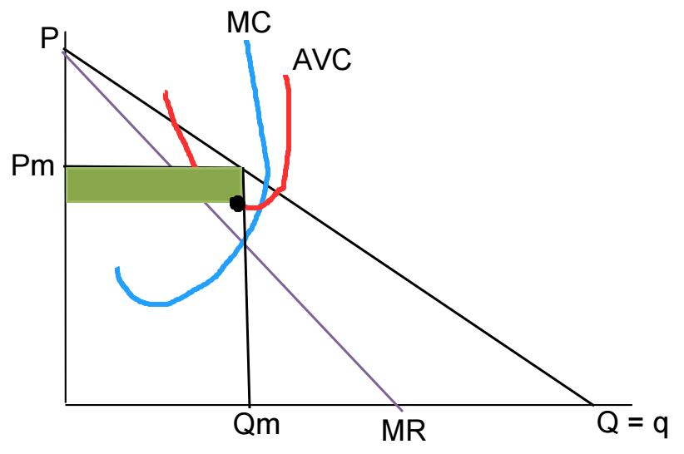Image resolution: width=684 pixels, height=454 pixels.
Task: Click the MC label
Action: click(x=248, y=22)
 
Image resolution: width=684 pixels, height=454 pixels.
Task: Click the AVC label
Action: click(x=322, y=60)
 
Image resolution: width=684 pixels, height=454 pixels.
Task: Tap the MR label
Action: click(x=404, y=431)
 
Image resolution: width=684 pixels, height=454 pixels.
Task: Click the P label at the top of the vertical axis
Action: click(x=48, y=39)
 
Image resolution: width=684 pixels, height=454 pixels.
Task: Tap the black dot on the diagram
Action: click(x=237, y=203)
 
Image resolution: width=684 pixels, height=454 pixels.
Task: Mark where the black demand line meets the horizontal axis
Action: click(x=592, y=405)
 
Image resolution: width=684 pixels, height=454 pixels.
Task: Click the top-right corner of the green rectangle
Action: click(x=242, y=168)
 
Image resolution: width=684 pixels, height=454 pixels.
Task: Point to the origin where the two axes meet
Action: click(x=65, y=405)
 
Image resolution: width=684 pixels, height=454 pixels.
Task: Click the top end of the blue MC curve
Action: click(x=246, y=42)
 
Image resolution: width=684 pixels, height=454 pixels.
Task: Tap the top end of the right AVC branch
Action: click(x=286, y=76)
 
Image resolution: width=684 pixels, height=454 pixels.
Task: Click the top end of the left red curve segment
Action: click(x=166, y=91)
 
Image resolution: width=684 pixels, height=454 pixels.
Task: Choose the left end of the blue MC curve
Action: click(x=117, y=269)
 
